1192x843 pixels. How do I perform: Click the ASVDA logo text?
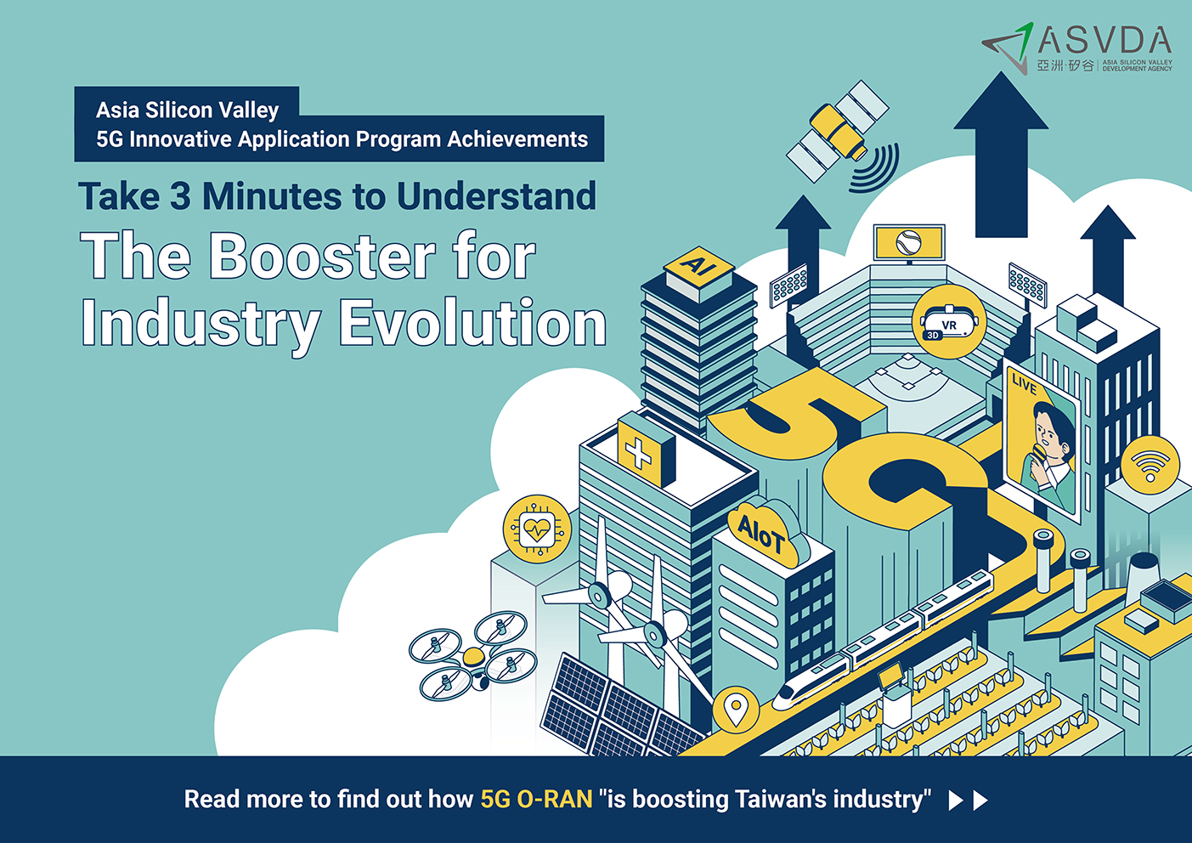(1104, 41)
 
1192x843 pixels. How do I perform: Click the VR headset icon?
(949, 322)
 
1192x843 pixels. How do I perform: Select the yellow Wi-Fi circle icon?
(1150, 465)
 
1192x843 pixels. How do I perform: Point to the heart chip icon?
(537, 529)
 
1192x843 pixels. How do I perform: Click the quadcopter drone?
(473, 656)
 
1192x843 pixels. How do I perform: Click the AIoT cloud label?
(763, 534)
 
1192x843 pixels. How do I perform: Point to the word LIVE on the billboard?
(1025, 384)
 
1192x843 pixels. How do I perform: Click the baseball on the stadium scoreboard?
(908, 243)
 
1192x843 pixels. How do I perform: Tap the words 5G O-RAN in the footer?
(536, 800)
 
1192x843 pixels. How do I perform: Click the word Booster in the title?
(322, 257)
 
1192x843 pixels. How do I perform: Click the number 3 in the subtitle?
(180, 195)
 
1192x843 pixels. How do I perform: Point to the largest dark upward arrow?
(1001, 155)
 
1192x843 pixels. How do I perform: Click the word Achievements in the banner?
(517, 139)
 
